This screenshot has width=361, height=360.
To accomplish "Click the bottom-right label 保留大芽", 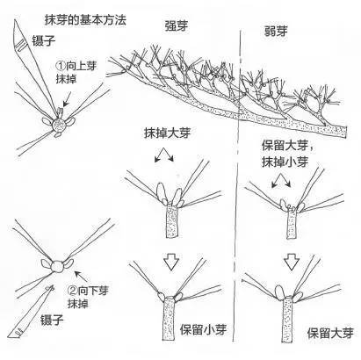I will pos(330,333).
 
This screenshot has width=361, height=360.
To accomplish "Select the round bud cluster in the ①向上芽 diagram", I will pos(59,127).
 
